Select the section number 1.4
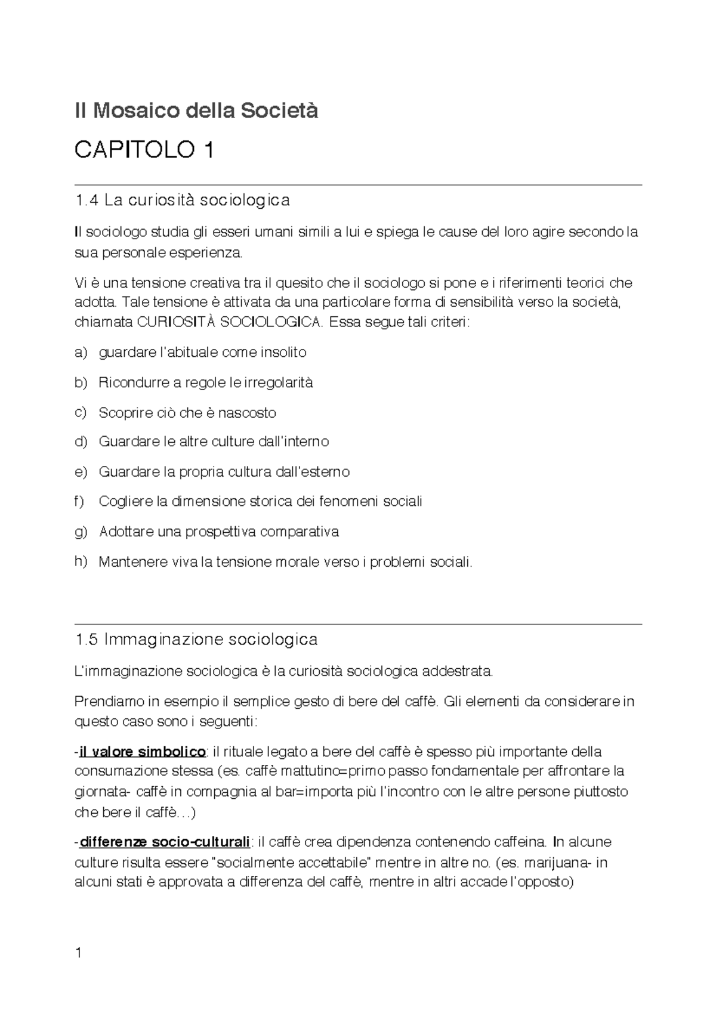click(x=87, y=200)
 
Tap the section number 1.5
click(x=87, y=640)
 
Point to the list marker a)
click(x=81, y=353)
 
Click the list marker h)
click(x=81, y=561)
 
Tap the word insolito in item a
click(x=281, y=353)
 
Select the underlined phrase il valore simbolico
click(x=142, y=751)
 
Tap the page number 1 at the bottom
click(x=78, y=953)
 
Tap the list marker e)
click(x=81, y=472)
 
